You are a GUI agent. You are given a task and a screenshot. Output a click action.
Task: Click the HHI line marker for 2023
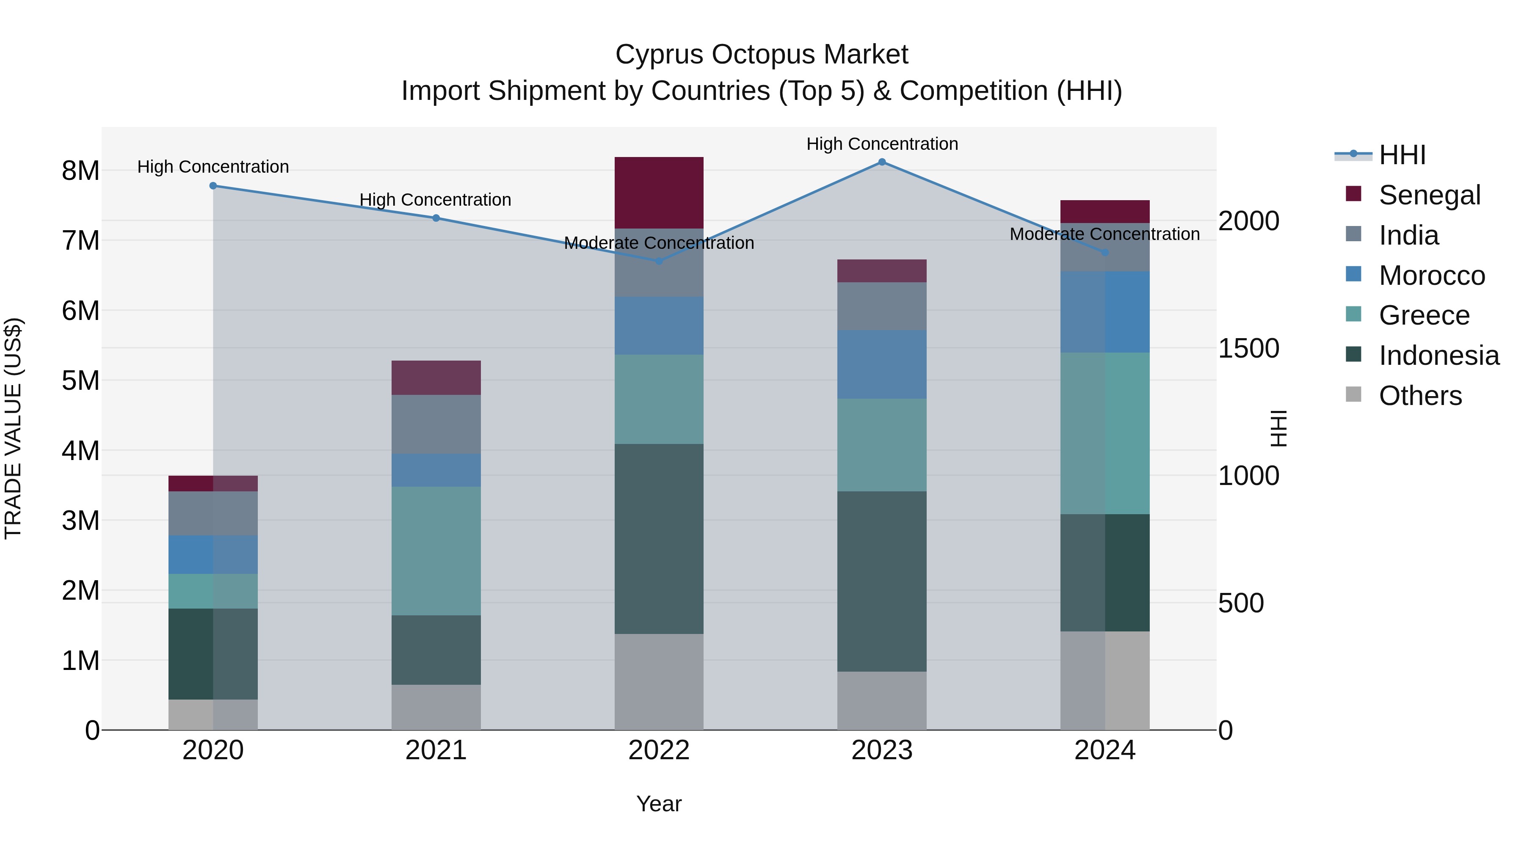click(x=881, y=162)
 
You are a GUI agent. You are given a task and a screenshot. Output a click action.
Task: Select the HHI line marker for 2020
click(x=213, y=186)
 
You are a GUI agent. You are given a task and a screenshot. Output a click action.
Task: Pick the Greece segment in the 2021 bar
click(x=436, y=551)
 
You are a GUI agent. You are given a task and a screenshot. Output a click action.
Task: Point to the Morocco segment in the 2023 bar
click(x=881, y=364)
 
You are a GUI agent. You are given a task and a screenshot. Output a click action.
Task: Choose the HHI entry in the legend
click(x=1402, y=155)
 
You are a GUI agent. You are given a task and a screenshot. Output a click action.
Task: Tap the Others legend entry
click(x=1419, y=396)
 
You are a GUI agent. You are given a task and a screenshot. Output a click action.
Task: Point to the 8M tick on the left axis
click(x=80, y=171)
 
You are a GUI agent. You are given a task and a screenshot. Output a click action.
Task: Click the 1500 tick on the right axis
click(x=1248, y=348)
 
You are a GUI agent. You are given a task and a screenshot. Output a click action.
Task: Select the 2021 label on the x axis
click(x=436, y=750)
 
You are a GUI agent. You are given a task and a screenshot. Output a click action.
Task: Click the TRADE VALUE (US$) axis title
click(x=13, y=428)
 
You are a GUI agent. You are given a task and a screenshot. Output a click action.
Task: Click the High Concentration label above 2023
click(x=881, y=144)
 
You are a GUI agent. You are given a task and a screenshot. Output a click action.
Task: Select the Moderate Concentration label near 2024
click(x=1104, y=234)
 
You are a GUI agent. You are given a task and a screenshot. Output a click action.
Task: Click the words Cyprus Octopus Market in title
click(x=762, y=55)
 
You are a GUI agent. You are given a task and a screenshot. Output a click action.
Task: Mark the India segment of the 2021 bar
click(x=436, y=424)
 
